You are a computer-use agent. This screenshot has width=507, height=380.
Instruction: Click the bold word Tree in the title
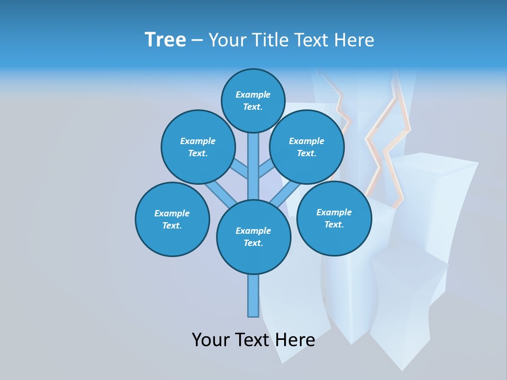165,40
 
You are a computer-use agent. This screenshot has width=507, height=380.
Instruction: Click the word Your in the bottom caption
211,340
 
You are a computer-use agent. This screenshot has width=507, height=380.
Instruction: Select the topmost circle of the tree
253,100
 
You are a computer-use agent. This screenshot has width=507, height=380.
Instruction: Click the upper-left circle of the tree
198,147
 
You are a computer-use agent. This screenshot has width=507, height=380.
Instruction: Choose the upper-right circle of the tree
306,147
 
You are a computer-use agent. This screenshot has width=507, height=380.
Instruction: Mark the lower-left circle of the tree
172,219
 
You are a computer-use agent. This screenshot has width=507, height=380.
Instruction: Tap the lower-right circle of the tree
334,218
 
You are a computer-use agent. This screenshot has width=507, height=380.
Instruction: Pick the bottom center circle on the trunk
253,237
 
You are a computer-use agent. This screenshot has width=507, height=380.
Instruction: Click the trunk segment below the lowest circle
253,296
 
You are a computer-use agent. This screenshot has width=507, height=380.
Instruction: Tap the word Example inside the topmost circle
253,94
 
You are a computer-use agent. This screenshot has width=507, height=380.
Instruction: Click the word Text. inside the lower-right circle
334,224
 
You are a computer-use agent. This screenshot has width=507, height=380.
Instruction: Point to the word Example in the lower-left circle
172,213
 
